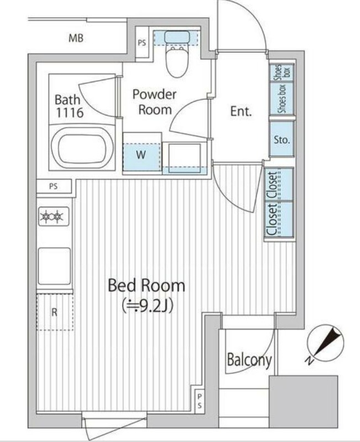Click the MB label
point(76,38)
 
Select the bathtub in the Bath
point(82,148)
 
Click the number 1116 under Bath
point(70,113)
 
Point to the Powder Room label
point(155,102)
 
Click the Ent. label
point(241,111)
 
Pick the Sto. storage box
point(282,139)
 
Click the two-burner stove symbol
point(54,217)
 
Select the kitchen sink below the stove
point(54,266)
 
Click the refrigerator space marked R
point(55,312)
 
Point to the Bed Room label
point(147,285)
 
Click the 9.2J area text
point(147,306)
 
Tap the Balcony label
point(249,360)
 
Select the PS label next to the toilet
point(142,43)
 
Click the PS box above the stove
point(54,186)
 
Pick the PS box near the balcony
point(200,401)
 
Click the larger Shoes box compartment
point(282,98)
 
